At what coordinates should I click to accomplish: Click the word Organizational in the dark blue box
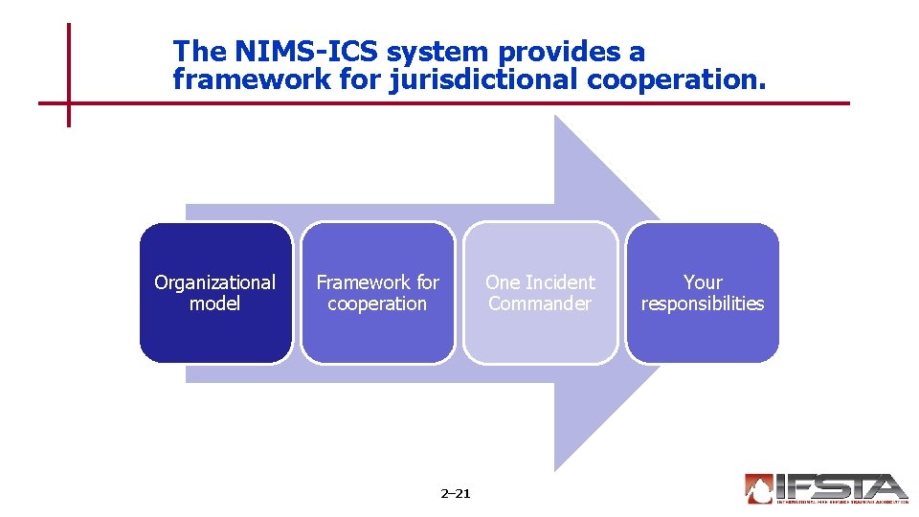click(x=214, y=282)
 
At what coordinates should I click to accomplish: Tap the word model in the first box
click(x=214, y=303)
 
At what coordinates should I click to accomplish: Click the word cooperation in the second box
click(x=377, y=303)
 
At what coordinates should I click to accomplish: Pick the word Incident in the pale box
click(x=560, y=282)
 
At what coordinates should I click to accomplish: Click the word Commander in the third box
click(x=540, y=303)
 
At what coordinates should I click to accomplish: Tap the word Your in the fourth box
click(x=703, y=282)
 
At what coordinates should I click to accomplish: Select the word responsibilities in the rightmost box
click(x=703, y=303)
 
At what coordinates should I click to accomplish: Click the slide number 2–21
click(x=455, y=494)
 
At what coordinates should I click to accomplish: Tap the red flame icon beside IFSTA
click(x=759, y=488)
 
